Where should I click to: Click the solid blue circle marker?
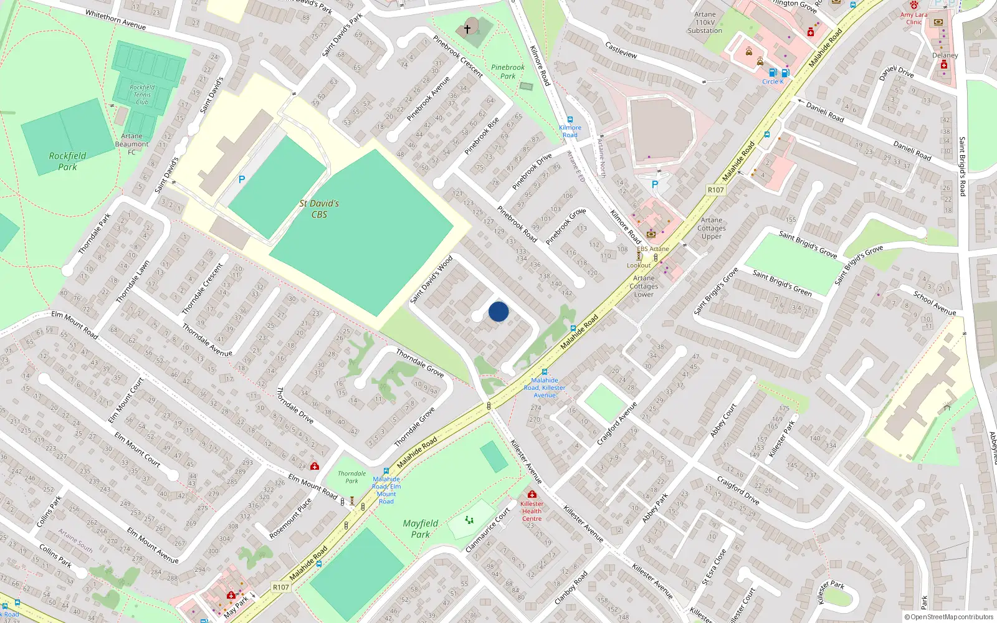tap(499, 311)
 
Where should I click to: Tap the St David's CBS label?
tap(319, 209)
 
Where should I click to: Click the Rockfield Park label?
tap(67, 161)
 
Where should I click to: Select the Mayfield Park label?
tap(421, 529)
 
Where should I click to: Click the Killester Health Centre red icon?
tap(532, 494)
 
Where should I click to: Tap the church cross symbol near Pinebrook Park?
tap(467, 29)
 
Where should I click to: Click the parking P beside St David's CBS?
tap(242, 179)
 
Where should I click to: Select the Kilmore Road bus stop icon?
tap(570, 120)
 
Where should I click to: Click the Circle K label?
tap(773, 82)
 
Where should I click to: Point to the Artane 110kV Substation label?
tap(705, 22)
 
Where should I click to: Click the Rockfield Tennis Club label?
tap(142, 95)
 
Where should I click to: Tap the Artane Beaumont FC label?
tap(131, 144)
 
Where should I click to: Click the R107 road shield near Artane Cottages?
tap(716, 190)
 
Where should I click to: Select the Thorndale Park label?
tap(352, 477)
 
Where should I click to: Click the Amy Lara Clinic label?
tap(914, 18)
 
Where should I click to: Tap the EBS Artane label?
tap(653, 249)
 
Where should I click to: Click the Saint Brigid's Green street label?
tap(782, 283)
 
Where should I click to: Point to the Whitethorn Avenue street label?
tap(115, 20)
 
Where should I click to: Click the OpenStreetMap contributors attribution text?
tap(948, 617)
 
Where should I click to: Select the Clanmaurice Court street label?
tap(488, 530)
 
